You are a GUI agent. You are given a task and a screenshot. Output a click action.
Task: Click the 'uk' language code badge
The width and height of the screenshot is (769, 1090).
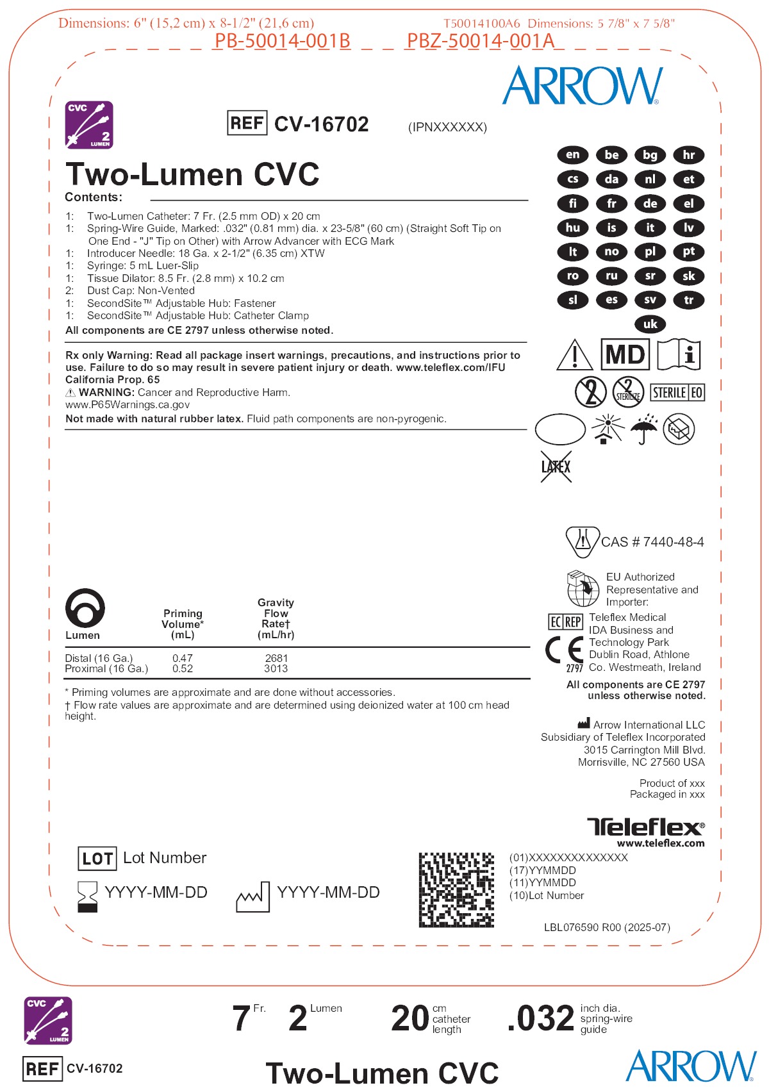[650, 324]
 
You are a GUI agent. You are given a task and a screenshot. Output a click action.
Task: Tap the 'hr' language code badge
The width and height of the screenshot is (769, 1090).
[688, 155]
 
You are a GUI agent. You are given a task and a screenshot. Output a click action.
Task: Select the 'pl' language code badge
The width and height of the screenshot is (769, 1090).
[650, 252]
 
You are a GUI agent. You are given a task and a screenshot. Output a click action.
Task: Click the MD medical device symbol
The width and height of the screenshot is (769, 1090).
[625, 354]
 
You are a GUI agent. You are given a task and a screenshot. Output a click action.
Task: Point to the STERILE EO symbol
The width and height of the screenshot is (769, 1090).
[677, 392]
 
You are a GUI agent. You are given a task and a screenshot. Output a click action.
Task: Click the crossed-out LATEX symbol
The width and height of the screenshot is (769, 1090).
[556, 467]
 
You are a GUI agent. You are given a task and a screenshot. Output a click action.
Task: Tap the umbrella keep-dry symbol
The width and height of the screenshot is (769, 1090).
[643, 429]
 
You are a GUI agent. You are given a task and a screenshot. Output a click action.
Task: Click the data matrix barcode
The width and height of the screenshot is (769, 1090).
[456, 889]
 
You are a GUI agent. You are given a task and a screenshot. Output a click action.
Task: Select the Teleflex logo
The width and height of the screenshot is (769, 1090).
[645, 827]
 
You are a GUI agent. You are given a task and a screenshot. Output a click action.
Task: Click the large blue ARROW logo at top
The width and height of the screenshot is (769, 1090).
[582, 86]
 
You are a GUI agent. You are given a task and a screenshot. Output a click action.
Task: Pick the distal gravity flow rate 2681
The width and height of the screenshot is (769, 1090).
[276, 658]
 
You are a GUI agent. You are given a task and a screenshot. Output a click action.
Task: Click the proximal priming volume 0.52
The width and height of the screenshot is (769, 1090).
[183, 668]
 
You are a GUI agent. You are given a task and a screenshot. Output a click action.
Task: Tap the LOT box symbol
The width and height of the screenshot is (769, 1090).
[97, 859]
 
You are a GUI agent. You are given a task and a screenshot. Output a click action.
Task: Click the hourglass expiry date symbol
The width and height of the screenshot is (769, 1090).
[87, 896]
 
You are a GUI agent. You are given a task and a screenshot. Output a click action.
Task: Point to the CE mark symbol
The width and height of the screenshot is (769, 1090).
[564, 650]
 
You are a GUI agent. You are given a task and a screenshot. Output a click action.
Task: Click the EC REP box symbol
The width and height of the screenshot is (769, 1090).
[565, 622]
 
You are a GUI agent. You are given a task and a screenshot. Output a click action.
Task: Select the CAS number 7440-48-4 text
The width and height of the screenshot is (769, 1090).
[652, 542]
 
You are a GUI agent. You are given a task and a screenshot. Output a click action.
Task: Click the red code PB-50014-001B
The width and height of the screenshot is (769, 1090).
[282, 41]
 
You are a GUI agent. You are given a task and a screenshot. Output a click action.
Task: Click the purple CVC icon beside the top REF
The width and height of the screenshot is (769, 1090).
[89, 124]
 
